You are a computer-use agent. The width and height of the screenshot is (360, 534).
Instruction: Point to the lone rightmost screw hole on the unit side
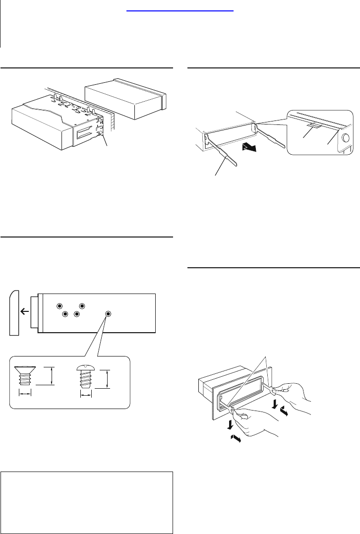[109, 314]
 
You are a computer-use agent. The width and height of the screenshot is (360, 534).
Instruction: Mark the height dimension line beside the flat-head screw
[51, 375]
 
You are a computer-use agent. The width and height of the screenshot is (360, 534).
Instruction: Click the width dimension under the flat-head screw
[25, 393]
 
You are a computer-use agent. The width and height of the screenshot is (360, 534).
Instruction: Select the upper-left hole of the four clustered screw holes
[60, 306]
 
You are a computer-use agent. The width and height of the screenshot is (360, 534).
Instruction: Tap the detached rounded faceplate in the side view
[14, 313]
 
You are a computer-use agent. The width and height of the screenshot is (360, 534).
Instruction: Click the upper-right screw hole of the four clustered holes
[82, 306]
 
